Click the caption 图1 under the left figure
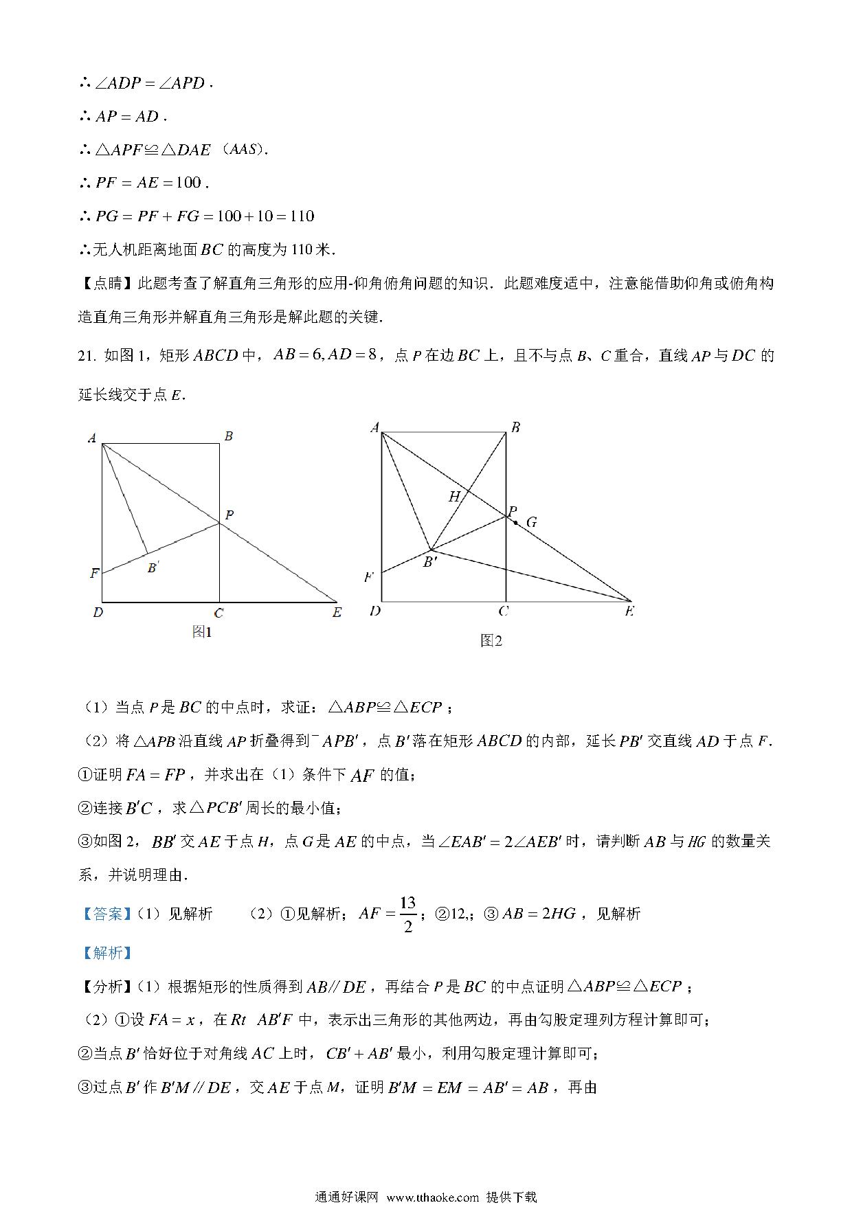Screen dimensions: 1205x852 click(x=202, y=632)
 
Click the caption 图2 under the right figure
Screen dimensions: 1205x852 click(x=491, y=641)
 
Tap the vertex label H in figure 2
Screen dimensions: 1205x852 click(x=454, y=496)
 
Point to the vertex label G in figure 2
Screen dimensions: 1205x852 click(x=532, y=523)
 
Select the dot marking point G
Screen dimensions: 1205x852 click(x=516, y=523)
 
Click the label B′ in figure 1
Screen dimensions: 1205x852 click(x=154, y=567)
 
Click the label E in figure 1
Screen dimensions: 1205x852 click(x=337, y=612)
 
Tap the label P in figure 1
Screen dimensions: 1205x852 click(x=229, y=515)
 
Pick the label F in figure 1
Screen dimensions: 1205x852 click(x=94, y=573)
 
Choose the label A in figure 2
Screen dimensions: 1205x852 click(x=374, y=427)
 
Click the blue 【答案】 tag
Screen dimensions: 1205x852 click(x=106, y=914)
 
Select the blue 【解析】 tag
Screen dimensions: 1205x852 click(x=106, y=952)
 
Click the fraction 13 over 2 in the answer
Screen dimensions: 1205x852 click(x=408, y=914)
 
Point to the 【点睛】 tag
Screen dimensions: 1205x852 click(x=106, y=283)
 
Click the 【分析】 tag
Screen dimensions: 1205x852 click(x=106, y=987)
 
